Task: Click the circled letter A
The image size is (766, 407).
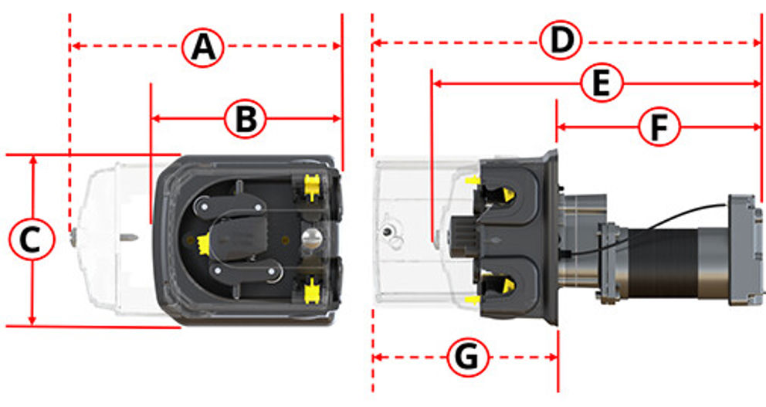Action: [203, 47]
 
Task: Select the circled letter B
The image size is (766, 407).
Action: [246, 119]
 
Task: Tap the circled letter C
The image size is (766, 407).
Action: [32, 239]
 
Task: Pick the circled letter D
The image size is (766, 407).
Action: [561, 40]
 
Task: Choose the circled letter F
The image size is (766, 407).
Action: [659, 127]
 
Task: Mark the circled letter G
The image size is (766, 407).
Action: [467, 357]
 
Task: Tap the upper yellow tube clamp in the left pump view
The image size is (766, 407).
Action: [311, 187]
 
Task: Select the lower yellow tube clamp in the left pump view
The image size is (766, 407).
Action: [311, 290]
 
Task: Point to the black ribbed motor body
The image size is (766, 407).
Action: [663, 263]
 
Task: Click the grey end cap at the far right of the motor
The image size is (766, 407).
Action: [745, 249]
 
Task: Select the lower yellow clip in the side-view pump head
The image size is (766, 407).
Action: [508, 284]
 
